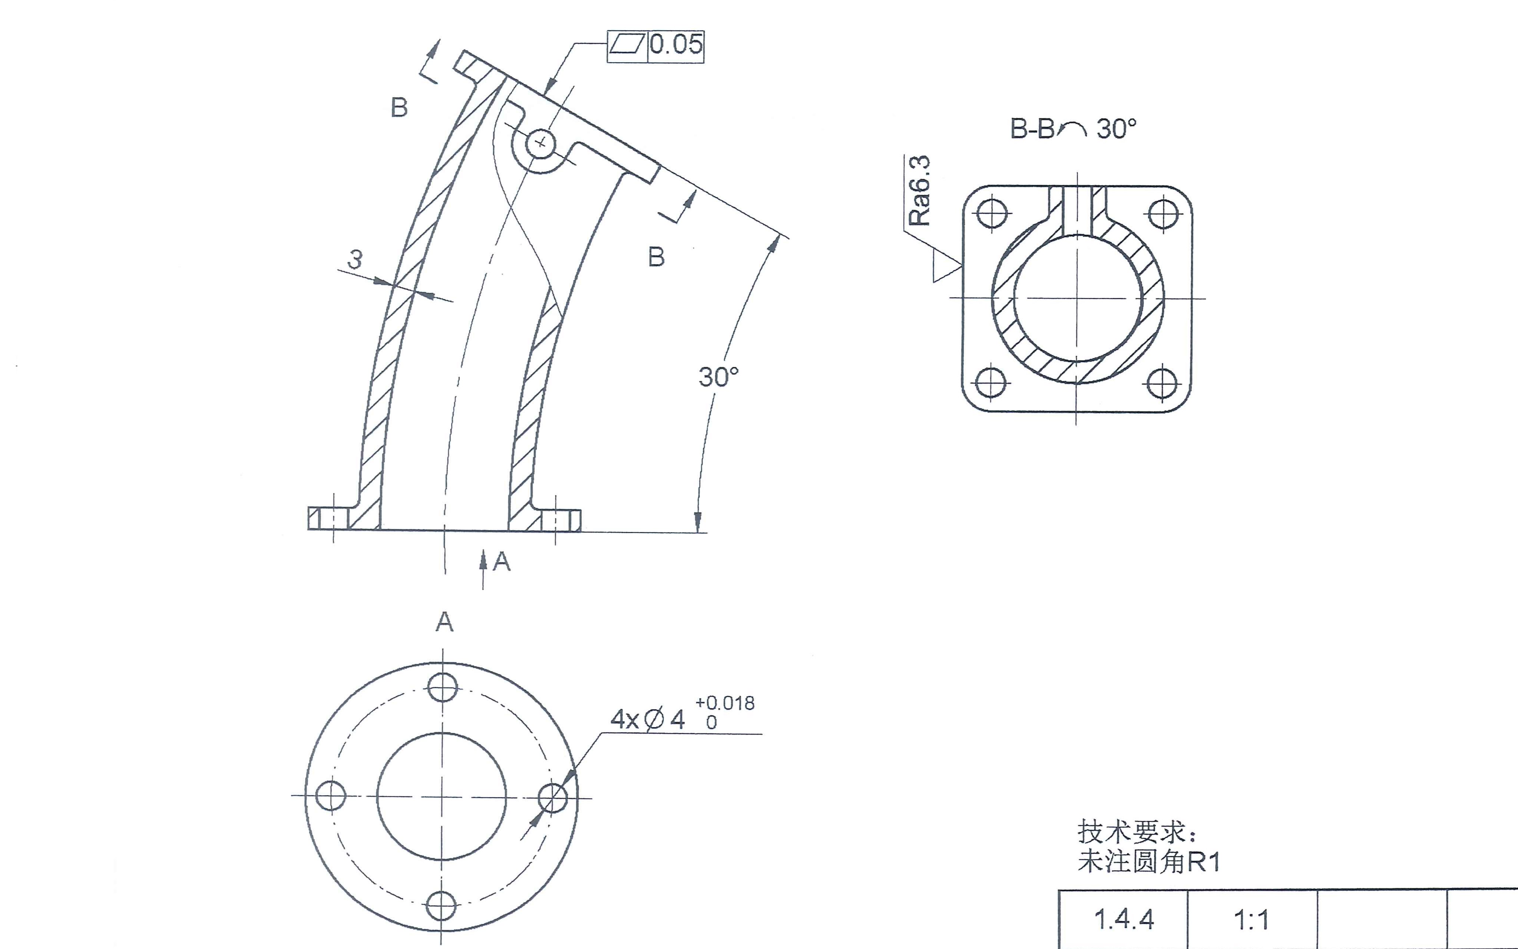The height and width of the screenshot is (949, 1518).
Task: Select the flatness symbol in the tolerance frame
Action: [x=627, y=45]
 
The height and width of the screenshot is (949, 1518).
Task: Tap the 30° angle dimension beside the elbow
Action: [x=718, y=376]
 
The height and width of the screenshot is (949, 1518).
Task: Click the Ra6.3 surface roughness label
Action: [x=920, y=190]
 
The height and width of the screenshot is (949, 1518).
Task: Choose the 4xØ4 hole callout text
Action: [x=647, y=719]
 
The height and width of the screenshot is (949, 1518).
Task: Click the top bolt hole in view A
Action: [x=443, y=687]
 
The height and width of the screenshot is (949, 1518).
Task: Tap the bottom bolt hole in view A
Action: [x=441, y=905]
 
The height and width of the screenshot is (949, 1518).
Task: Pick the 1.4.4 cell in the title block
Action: [x=1124, y=919]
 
